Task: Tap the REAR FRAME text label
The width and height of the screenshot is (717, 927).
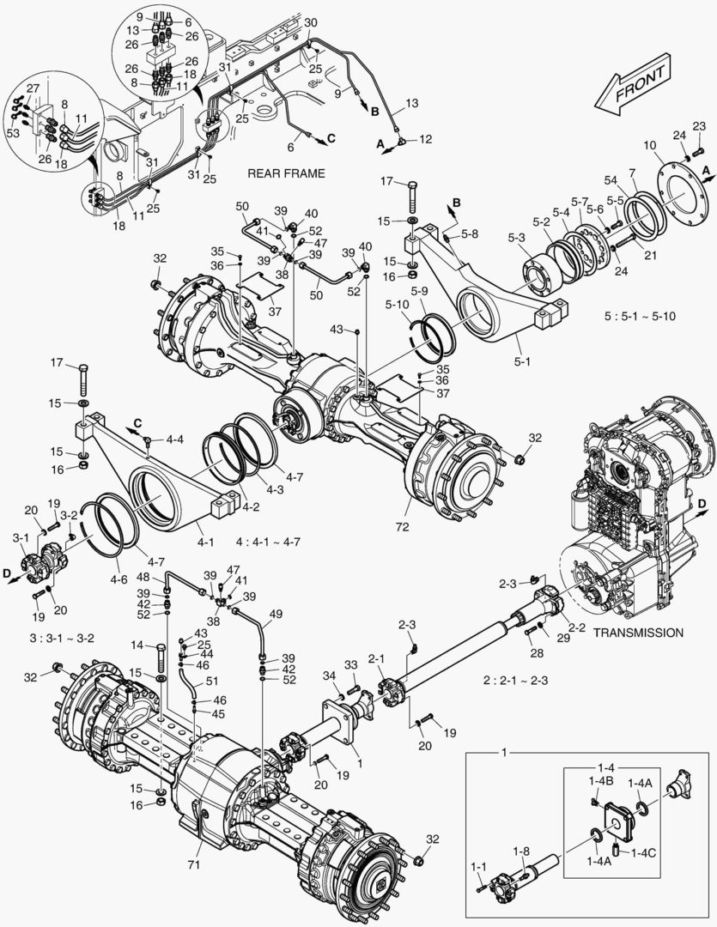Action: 286,173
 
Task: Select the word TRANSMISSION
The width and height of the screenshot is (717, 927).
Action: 638,632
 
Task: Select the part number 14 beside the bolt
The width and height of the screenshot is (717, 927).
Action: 136,645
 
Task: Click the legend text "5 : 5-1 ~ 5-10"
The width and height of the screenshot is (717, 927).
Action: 641,316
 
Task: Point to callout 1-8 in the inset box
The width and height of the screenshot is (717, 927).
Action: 522,851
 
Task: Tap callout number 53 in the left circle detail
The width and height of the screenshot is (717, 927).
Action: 13,134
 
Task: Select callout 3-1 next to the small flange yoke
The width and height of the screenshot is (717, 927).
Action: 21,537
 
